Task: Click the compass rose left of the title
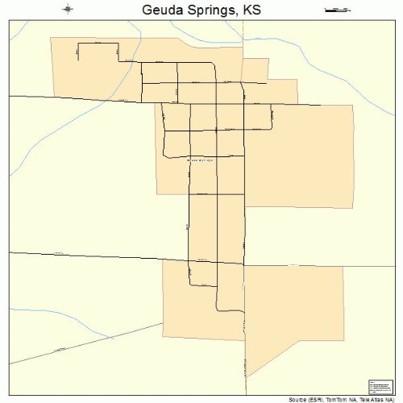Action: tap(68, 10)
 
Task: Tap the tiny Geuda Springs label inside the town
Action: tap(201, 160)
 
